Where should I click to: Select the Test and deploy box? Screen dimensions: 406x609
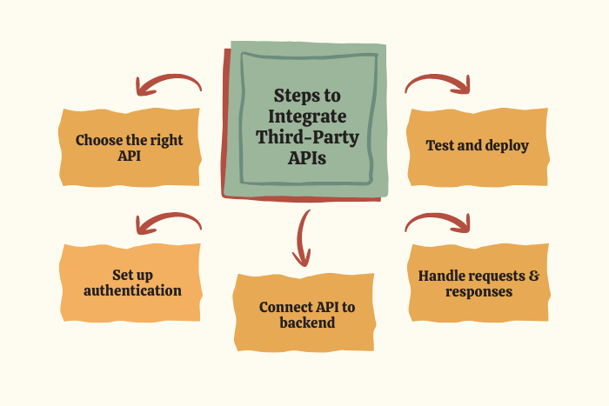point(478,146)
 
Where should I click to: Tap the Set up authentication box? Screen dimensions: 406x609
point(132,283)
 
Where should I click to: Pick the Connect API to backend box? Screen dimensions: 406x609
point(306,315)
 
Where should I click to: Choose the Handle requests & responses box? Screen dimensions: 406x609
point(478,283)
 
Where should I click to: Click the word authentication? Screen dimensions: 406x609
point(132,291)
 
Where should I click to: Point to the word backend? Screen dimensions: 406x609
point(307,323)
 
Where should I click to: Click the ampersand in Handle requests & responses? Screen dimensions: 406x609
point(533,276)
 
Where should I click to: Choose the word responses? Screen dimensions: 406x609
point(478,291)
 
